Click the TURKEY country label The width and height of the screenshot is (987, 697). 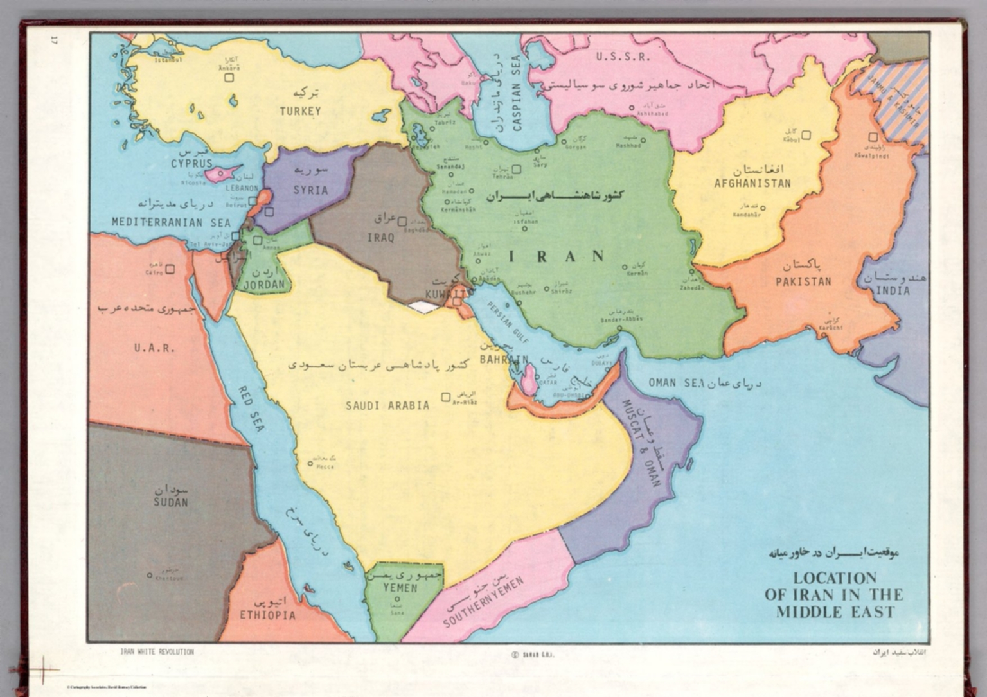point(300,111)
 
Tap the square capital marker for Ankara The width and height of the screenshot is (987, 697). point(229,78)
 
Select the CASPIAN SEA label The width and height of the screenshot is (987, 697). point(517,93)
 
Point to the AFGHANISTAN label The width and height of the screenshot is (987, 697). point(752,183)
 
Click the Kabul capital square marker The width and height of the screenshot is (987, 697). point(806,135)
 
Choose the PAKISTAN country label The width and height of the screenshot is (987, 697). point(803,281)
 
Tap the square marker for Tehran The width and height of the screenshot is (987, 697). point(516,170)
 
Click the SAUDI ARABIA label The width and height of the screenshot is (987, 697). point(387,405)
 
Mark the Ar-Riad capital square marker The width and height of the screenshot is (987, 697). point(445,398)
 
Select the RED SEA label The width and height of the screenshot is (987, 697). point(251,409)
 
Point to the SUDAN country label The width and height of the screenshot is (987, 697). point(171,502)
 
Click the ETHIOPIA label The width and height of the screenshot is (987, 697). point(268,615)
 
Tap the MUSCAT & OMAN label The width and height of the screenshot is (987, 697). point(641,443)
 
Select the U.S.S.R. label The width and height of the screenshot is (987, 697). point(623,57)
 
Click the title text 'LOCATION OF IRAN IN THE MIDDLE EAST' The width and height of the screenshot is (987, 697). point(834,595)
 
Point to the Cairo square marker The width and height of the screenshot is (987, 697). point(170,269)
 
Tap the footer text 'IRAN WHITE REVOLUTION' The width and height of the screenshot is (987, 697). point(157,651)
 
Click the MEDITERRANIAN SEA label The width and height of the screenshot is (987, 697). point(171,222)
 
